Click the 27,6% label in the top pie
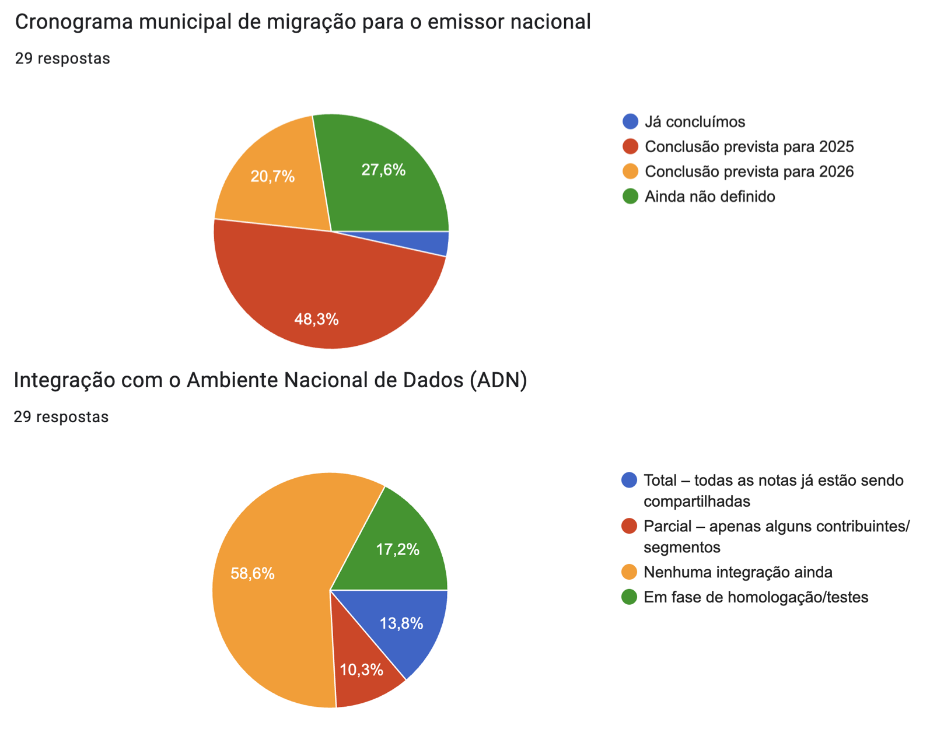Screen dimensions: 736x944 [383, 170]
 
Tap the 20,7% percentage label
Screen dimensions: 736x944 [272, 176]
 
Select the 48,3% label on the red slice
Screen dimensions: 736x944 [316, 319]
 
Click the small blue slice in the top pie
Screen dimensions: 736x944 [432, 242]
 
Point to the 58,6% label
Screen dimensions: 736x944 [252, 574]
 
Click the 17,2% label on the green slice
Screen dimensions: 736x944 [397, 549]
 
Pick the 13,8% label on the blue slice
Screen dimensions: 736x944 [401, 623]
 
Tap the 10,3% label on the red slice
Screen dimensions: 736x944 [361, 670]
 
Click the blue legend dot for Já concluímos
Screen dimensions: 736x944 [630, 121]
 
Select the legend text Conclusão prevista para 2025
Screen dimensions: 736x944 [749, 146]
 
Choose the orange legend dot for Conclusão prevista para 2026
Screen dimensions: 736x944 [630, 171]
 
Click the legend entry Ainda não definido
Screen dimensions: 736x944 [709, 197]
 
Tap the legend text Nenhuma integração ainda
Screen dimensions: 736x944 [737, 572]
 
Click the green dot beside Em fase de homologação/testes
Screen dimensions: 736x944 [630, 597]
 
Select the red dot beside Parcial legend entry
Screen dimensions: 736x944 [630, 526]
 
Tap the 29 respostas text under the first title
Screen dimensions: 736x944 [62, 58]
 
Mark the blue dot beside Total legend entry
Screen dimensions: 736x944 [630, 480]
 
